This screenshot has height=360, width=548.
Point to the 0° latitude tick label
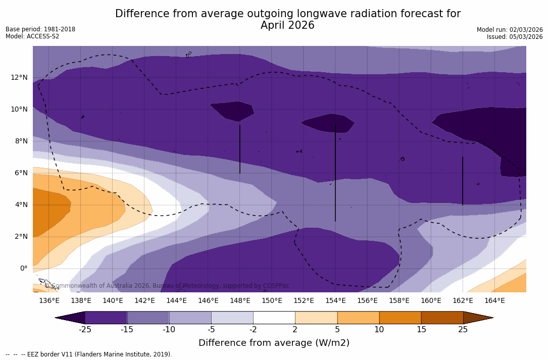[23, 269]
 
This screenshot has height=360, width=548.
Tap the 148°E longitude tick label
[240, 301]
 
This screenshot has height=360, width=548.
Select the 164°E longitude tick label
[494, 301]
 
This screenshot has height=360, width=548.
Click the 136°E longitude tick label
[49, 301]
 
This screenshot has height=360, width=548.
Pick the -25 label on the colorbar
[85, 330]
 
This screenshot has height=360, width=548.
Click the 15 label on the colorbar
[421, 330]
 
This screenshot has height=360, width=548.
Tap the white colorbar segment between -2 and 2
[274, 318]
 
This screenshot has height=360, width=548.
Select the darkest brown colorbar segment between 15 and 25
[442, 318]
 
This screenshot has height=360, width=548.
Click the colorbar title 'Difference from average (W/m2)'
[274, 343]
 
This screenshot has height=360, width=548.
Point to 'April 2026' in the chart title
[287, 26]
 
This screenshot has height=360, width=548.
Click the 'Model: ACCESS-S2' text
[32, 36]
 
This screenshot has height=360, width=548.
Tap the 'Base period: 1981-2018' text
[40, 29]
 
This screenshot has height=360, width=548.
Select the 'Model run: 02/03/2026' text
[510, 30]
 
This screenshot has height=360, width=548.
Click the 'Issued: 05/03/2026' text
[515, 37]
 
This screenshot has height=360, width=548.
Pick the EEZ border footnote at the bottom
[89, 354]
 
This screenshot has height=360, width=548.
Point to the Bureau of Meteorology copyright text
[167, 286]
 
